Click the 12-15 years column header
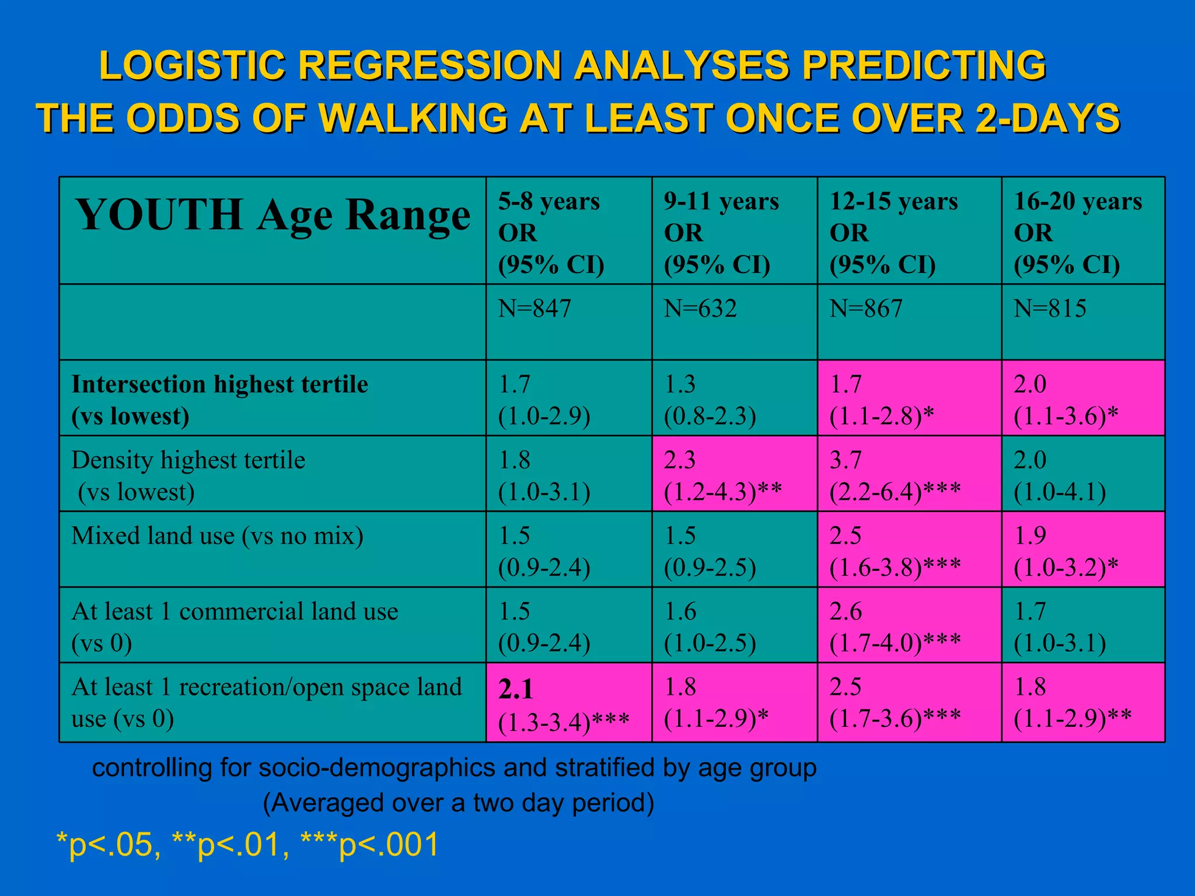909,232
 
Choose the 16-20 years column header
1083,232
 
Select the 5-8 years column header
568,232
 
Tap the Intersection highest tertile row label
219,400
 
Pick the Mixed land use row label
217,535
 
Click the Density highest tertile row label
188,475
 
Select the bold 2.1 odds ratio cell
568,703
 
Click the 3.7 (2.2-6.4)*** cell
909,475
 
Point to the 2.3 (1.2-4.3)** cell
733,475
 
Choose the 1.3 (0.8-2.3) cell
733,399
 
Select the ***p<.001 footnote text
370,845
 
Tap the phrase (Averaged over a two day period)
458,803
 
